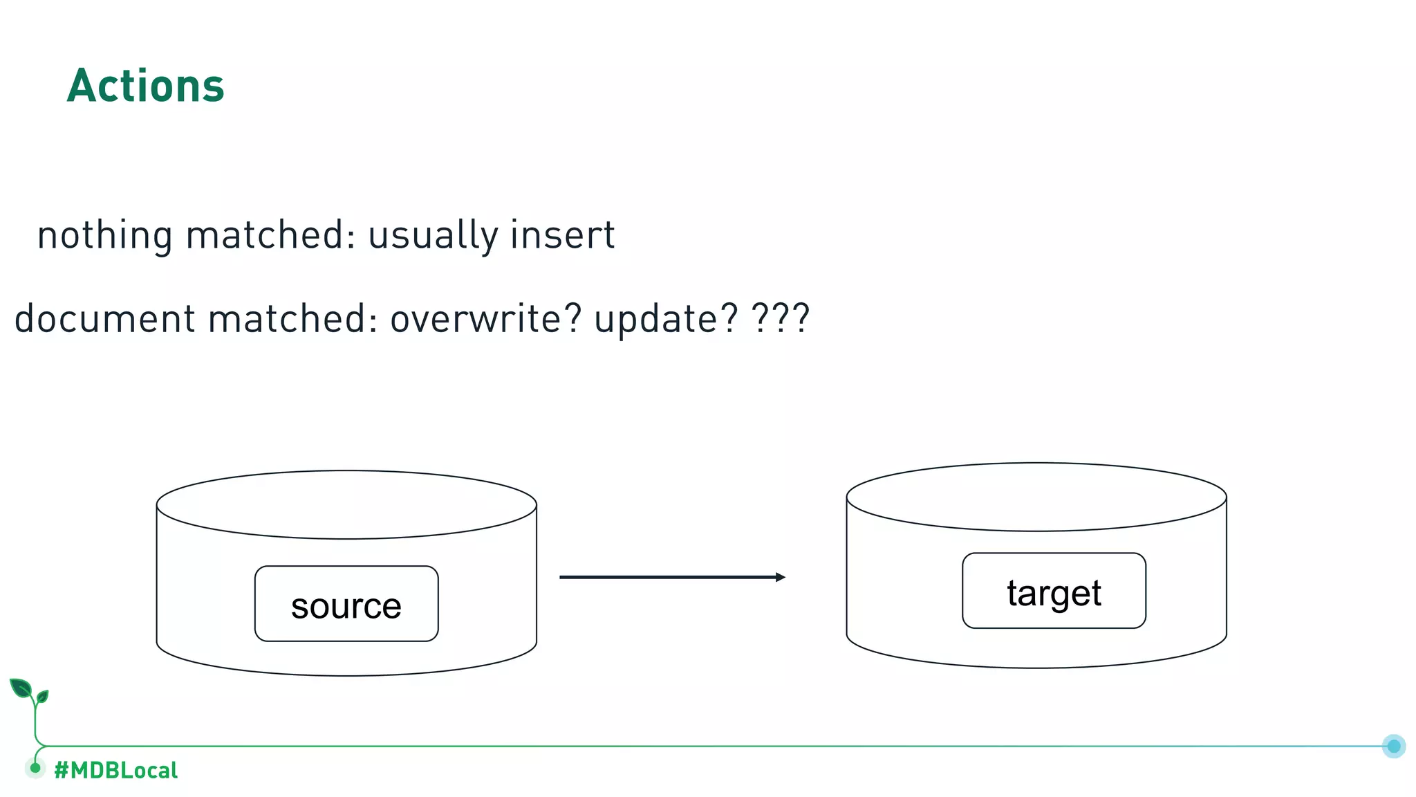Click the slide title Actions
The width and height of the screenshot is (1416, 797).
pyautogui.click(x=145, y=86)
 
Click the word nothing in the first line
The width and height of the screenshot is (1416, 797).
pyautogui.click(x=104, y=235)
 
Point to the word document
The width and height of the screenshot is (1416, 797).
pyautogui.click(x=105, y=319)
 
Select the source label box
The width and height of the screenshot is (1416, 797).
pyautogui.click(x=346, y=604)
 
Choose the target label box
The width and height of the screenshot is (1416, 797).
pyautogui.click(x=1054, y=591)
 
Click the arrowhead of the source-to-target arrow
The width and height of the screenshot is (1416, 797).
pyautogui.click(x=781, y=577)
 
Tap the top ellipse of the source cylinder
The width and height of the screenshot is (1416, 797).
pyautogui.click(x=346, y=504)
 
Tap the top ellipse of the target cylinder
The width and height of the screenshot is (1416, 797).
pyautogui.click(x=1036, y=497)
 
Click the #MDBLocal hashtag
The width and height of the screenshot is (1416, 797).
pyautogui.click(x=116, y=770)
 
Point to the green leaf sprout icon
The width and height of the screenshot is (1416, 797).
pyautogui.click(x=28, y=691)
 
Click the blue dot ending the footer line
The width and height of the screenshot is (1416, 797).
pyautogui.click(x=1394, y=746)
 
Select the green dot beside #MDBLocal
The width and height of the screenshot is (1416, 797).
pyautogui.click(x=35, y=768)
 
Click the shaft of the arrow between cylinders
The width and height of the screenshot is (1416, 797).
pyautogui.click(x=664, y=577)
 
